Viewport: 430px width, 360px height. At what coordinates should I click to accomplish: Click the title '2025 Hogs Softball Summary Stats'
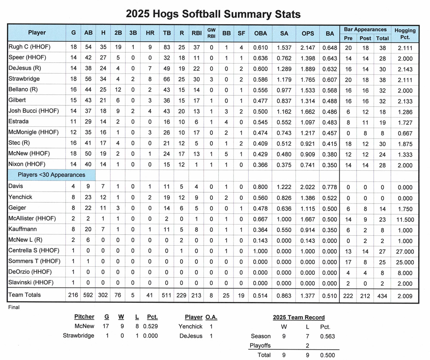tap(213, 14)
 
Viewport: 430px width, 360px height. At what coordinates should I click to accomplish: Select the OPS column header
tap(308, 33)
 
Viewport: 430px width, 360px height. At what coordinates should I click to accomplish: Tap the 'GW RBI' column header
tap(211, 33)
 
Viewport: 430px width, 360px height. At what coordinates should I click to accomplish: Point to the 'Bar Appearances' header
tap(365, 29)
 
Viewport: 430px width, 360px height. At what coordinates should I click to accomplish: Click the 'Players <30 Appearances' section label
tap(51, 175)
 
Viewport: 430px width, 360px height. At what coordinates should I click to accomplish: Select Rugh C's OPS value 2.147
tap(308, 47)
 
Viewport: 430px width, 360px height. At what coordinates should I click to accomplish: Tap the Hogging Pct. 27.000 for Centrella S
tap(405, 252)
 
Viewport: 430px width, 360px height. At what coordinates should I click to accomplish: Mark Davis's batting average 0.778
tap(330, 187)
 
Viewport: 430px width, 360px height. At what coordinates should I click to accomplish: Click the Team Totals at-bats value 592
tap(88, 295)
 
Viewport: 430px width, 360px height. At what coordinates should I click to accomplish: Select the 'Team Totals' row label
tap(25, 295)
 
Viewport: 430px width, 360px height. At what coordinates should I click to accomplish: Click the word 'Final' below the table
tap(14, 307)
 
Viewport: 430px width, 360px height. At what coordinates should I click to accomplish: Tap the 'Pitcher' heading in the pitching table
tap(84, 317)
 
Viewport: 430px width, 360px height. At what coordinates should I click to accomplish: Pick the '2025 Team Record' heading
tap(299, 317)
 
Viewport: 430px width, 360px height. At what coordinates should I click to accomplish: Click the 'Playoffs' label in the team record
tap(260, 345)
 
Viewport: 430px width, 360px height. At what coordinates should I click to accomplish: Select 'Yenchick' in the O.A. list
tap(191, 326)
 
